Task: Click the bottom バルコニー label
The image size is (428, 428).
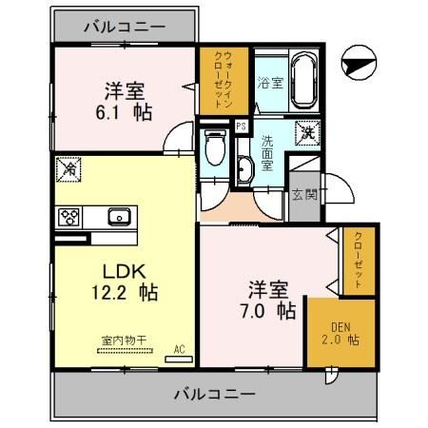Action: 215,393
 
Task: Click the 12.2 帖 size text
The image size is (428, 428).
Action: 114,291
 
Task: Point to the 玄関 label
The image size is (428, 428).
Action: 304,195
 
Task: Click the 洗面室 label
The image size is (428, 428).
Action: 269,150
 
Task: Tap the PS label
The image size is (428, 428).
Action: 241,126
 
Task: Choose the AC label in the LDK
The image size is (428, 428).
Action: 178,349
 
